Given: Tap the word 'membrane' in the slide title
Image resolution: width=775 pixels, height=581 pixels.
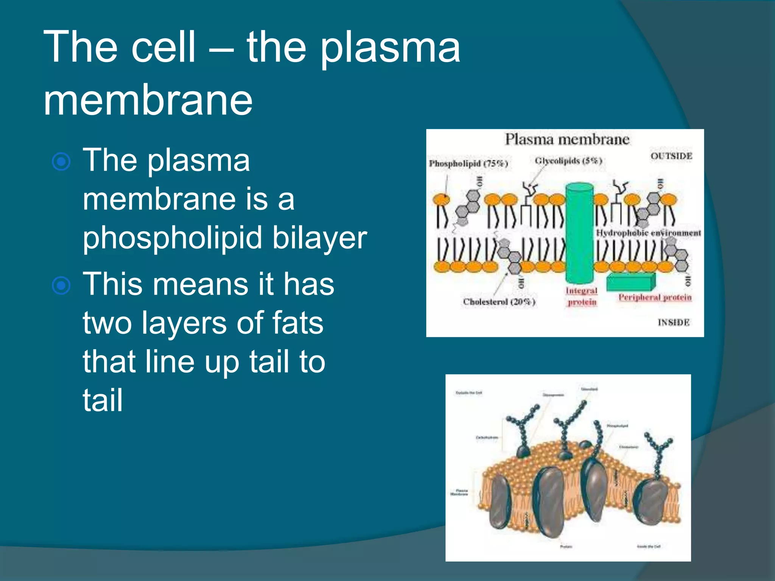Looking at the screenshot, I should pyautogui.click(x=148, y=100).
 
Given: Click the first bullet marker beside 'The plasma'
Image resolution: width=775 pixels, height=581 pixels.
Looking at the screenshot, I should pyautogui.click(x=61, y=162).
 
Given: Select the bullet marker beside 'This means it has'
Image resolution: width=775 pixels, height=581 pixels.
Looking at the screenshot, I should pyautogui.click(x=61, y=286).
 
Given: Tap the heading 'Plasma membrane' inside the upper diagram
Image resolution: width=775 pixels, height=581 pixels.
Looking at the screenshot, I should pyautogui.click(x=566, y=140).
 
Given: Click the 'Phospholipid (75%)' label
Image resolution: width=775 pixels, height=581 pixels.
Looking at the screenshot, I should pyautogui.click(x=468, y=163).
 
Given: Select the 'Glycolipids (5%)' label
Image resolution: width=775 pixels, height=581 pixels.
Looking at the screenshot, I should pyautogui.click(x=568, y=161).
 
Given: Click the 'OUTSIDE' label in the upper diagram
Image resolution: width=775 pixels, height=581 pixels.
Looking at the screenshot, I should pyautogui.click(x=671, y=156).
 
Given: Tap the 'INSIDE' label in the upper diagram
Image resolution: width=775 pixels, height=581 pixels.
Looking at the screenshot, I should pyautogui.click(x=673, y=322).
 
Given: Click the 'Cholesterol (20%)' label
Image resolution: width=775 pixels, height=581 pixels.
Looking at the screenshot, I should pyautogui.click(x=499, y=302).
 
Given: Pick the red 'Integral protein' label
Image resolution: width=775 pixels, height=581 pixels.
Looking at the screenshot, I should pyautogui.click(x=582, y=296).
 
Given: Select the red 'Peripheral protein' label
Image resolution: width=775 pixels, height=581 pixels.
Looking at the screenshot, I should pyautogui.click(x=655, y=297).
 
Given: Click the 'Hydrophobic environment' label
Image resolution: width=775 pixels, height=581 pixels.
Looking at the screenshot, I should pyautogui.click(x=648, y=233).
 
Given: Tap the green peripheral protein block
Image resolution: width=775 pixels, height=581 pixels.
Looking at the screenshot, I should pyautogui.click(x=630, y=282).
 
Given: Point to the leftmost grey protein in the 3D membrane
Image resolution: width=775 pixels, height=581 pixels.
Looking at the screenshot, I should pyautogui.click(x=501, y=501).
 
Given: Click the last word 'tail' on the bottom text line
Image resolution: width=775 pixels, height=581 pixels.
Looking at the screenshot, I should pyautogui.click(x=103, y=400).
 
